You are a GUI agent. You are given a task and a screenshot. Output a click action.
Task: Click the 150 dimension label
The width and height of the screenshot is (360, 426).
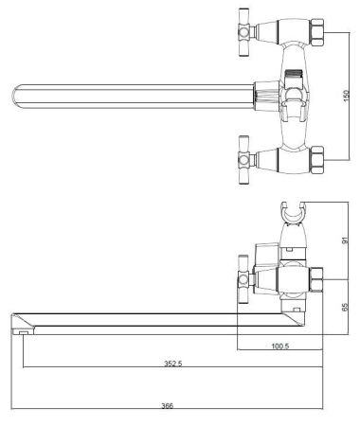pos(347,97)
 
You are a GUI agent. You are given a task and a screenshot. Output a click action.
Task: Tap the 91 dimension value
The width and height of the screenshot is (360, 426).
pos(345,240)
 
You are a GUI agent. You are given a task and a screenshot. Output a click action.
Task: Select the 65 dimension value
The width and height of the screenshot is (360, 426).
pos(345,307)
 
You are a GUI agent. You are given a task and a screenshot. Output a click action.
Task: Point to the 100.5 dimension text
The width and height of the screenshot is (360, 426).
pos(280,346)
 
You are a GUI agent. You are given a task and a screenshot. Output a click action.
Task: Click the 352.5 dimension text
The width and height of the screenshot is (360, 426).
pos(173,364)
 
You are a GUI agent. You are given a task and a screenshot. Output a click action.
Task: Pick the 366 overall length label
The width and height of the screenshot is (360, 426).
pos(168,406)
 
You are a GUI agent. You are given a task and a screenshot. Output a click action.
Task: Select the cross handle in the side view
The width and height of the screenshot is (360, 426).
pos(245,279)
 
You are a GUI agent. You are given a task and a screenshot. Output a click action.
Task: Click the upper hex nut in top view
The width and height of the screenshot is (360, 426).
pos(316,33)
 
